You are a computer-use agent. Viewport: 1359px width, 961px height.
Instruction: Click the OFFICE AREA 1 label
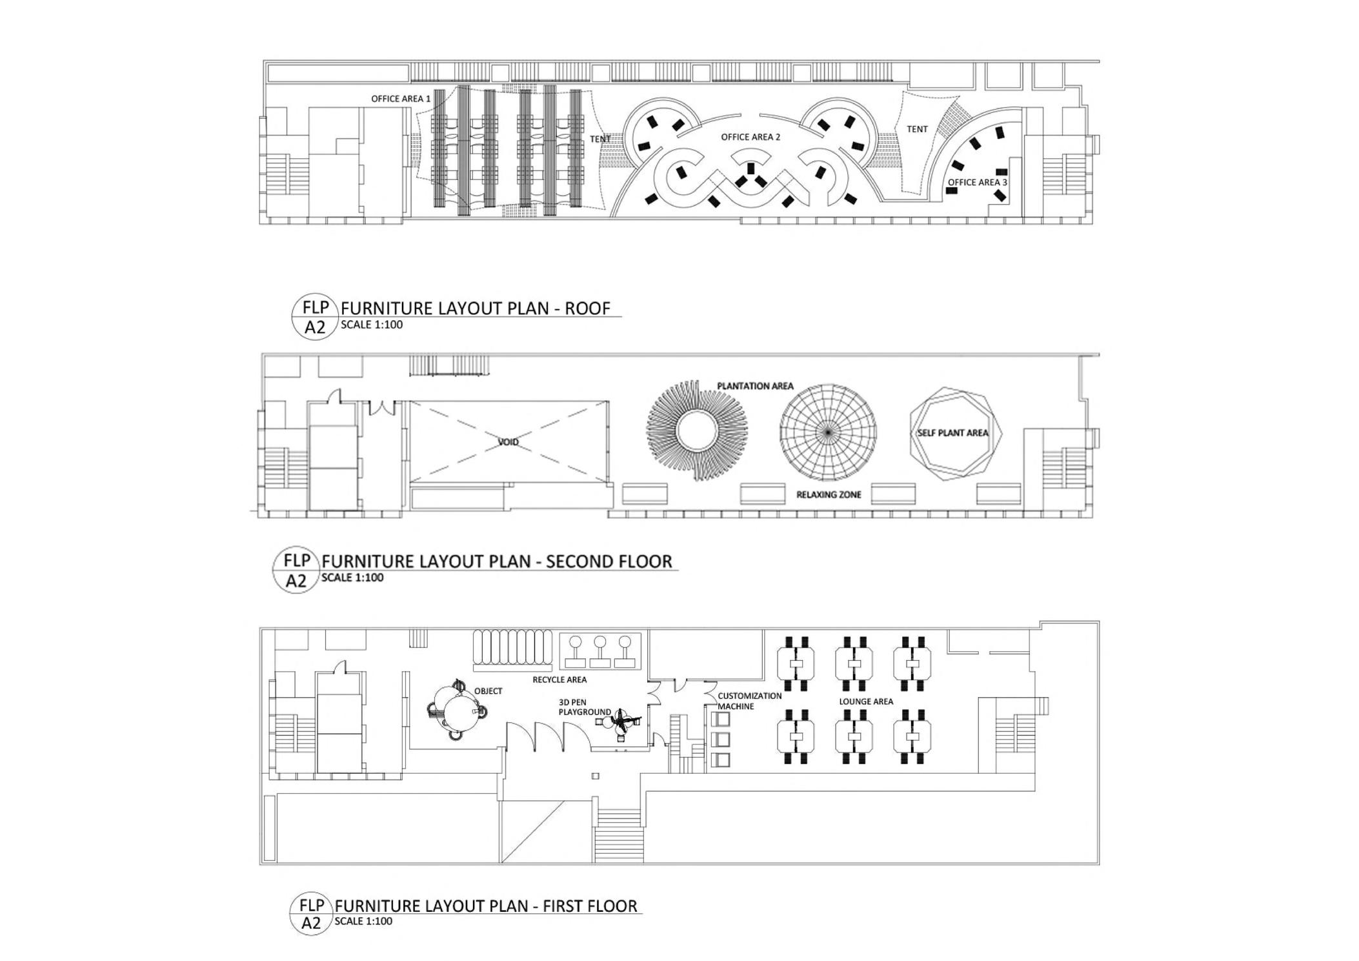400,99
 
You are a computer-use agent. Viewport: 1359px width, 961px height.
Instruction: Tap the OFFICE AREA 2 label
750,137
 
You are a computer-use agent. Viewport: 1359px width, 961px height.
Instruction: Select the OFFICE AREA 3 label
977,183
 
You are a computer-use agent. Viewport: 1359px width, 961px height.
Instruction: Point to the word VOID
508,442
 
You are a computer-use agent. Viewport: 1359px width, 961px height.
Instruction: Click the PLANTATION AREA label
755,386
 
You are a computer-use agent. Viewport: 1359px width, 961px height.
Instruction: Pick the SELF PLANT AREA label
952,432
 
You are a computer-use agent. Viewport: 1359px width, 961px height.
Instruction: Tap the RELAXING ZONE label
829,495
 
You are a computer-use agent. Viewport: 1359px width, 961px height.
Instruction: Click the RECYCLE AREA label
559,680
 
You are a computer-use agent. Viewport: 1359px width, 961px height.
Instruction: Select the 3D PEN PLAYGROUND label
584,707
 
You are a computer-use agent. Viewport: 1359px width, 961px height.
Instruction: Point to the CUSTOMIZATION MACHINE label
749,701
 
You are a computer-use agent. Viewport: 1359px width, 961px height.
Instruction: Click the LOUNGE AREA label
866,702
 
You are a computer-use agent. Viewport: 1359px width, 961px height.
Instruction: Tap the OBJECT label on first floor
488,691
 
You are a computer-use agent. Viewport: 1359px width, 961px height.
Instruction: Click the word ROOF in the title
587,309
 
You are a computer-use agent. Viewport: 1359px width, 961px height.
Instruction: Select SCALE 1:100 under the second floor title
352,578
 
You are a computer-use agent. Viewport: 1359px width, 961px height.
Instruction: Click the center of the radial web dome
828,432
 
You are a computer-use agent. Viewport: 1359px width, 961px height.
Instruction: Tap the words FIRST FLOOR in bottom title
590,906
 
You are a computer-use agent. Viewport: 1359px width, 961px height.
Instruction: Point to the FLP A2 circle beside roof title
315,317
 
